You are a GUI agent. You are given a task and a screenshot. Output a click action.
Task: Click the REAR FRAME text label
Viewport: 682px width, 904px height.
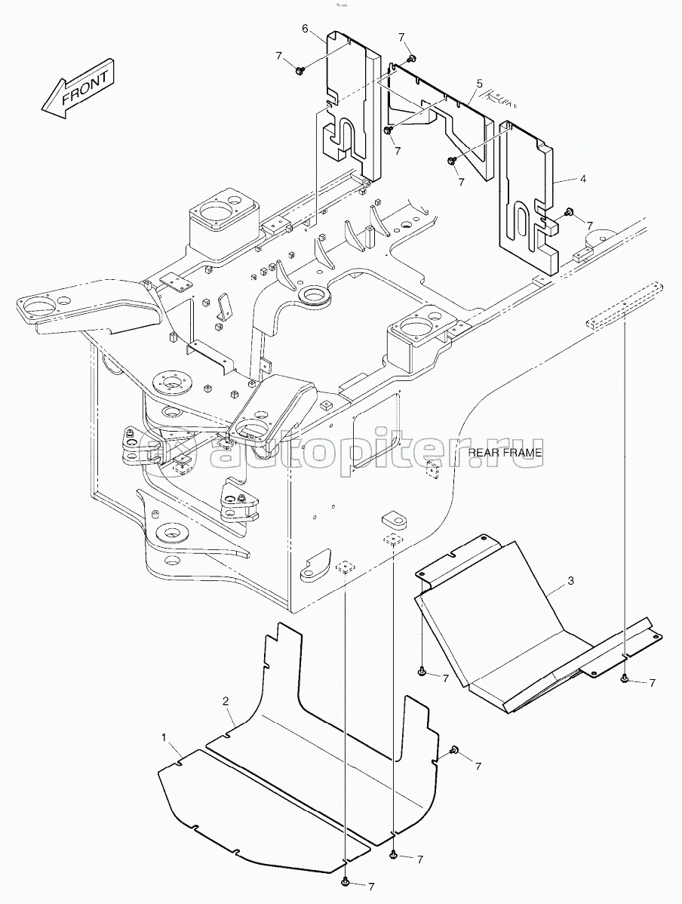pyautogui.click(x=505, y=453)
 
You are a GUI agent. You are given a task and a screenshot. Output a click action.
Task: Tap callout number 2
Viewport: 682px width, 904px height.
pyautogui.click(x=226, y=701)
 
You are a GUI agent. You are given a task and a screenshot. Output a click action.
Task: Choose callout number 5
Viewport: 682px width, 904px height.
pyautogui.click(x=478, y=81)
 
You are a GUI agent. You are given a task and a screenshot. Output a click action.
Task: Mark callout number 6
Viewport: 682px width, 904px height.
pyautogui.click(x=306, y=29)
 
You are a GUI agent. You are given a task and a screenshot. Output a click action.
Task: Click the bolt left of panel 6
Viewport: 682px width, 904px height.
pyautogui.click(x=300, y=70)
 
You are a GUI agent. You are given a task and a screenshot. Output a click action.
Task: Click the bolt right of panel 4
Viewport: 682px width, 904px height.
pyautogui.click(x=569, y=212)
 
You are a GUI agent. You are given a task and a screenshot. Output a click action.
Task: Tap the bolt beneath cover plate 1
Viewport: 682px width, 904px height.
pyautogui.click(x=345, y=881)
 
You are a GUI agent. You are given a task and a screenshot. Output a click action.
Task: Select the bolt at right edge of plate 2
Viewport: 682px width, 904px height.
pyautogui.click(x=455, y=749)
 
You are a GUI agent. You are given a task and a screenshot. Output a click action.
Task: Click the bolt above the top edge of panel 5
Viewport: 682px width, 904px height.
pyautogui.click(x=411, y=58)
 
